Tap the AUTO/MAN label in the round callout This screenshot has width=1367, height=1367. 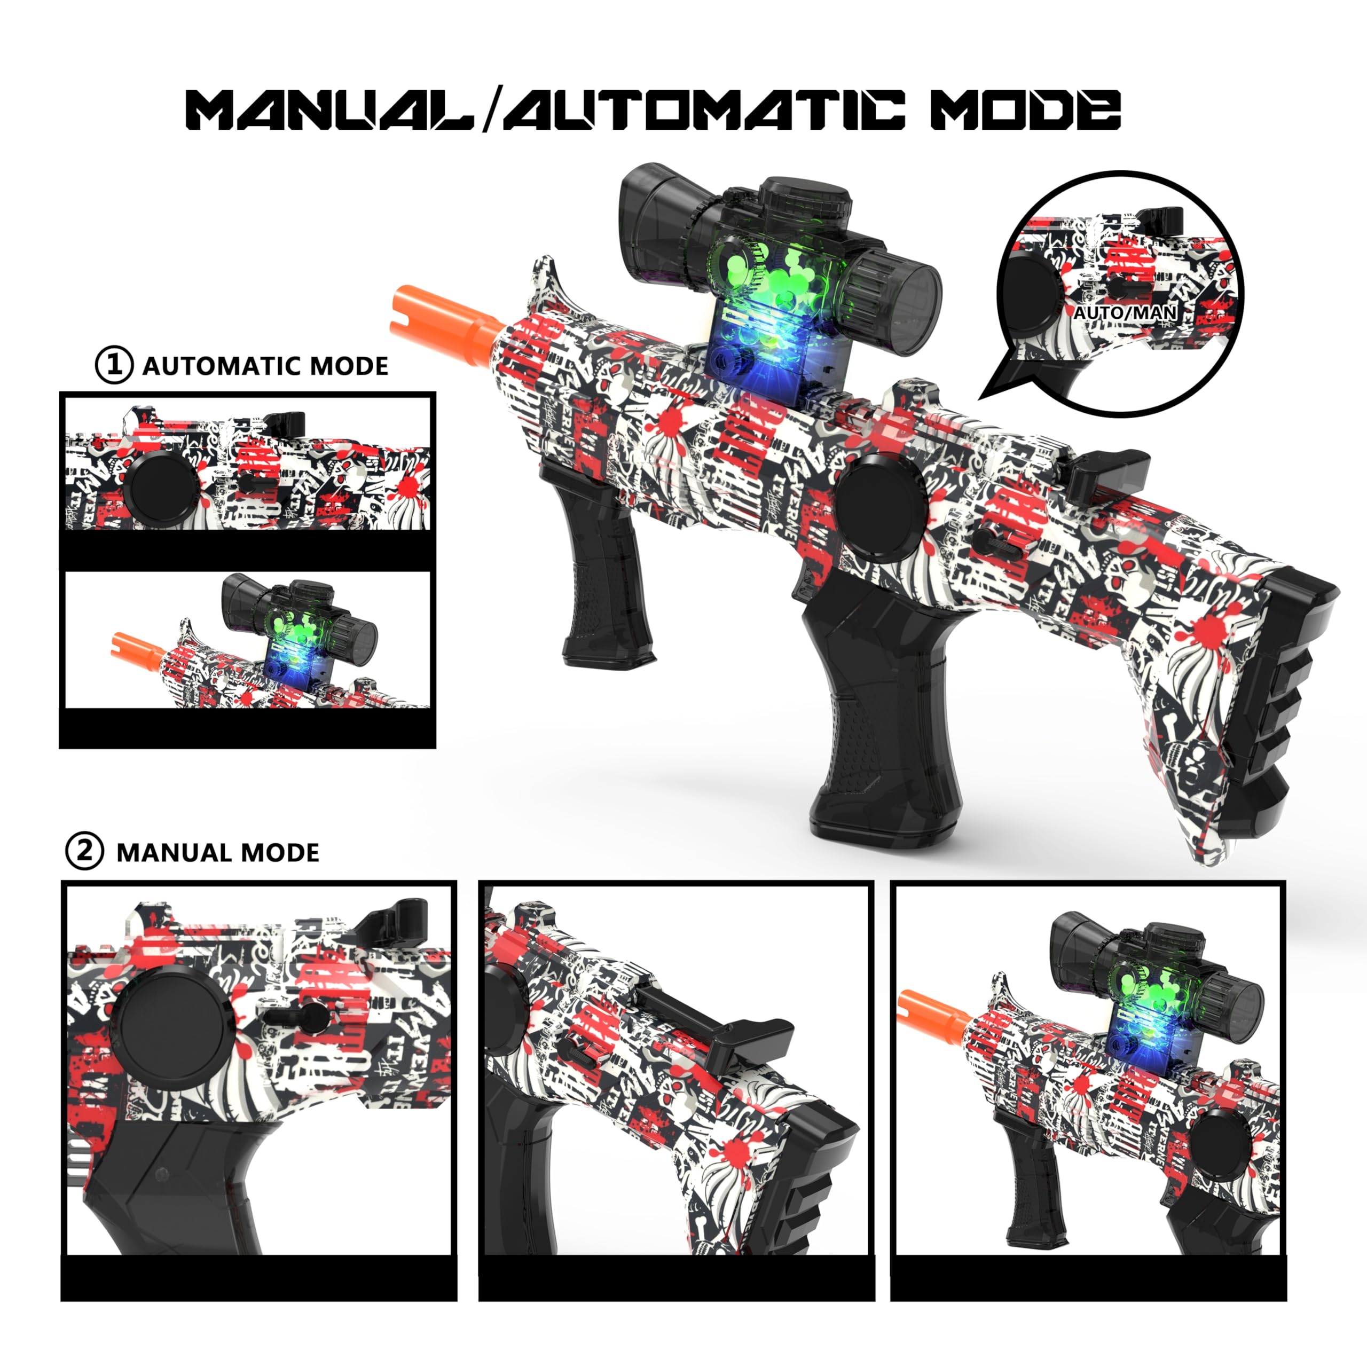click(x=1125, y=312)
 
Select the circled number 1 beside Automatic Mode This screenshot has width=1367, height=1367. click(x=114, y=366)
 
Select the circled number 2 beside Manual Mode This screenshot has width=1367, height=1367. click(x=84, y=851)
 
